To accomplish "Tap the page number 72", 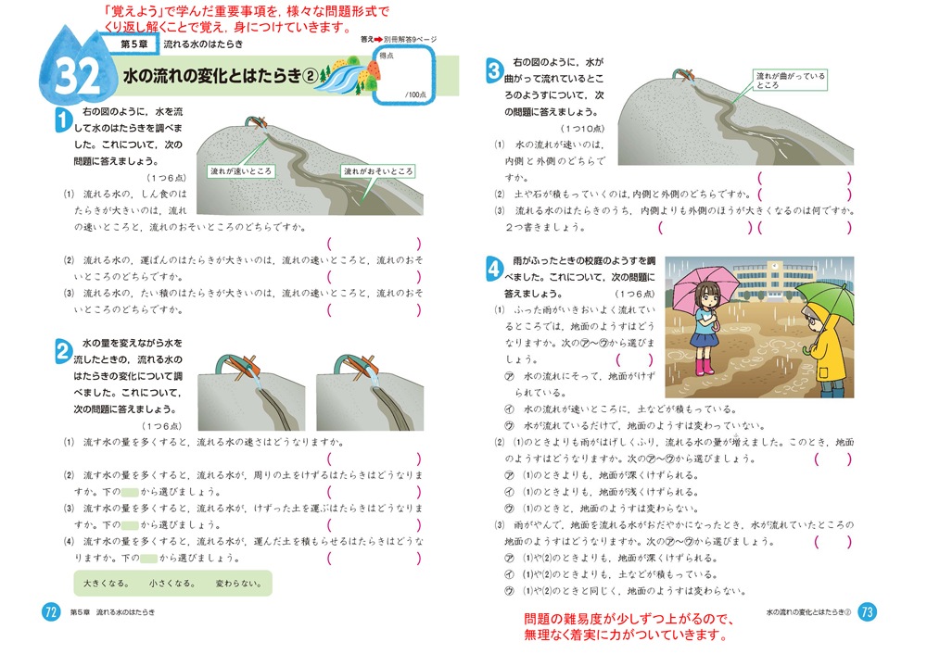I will coord(52,611).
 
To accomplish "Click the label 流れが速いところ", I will coord(241,171).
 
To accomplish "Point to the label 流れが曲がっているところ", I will coord(789,80).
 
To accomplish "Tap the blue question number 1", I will coord(61,119).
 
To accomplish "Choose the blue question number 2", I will coord(61,351).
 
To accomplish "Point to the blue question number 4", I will coord(493,269).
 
